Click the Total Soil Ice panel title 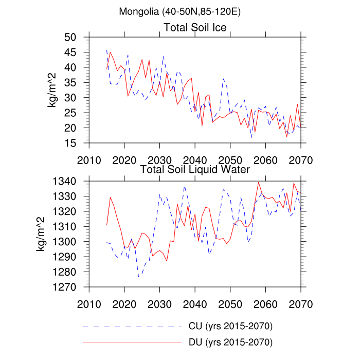click(195, 27)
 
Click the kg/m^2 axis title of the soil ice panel click(52, 90)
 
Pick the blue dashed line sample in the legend click(132, 327)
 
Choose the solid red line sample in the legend click(132, 341)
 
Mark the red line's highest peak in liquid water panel click(259, 182)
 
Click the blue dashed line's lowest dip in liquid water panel click(139, 277)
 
